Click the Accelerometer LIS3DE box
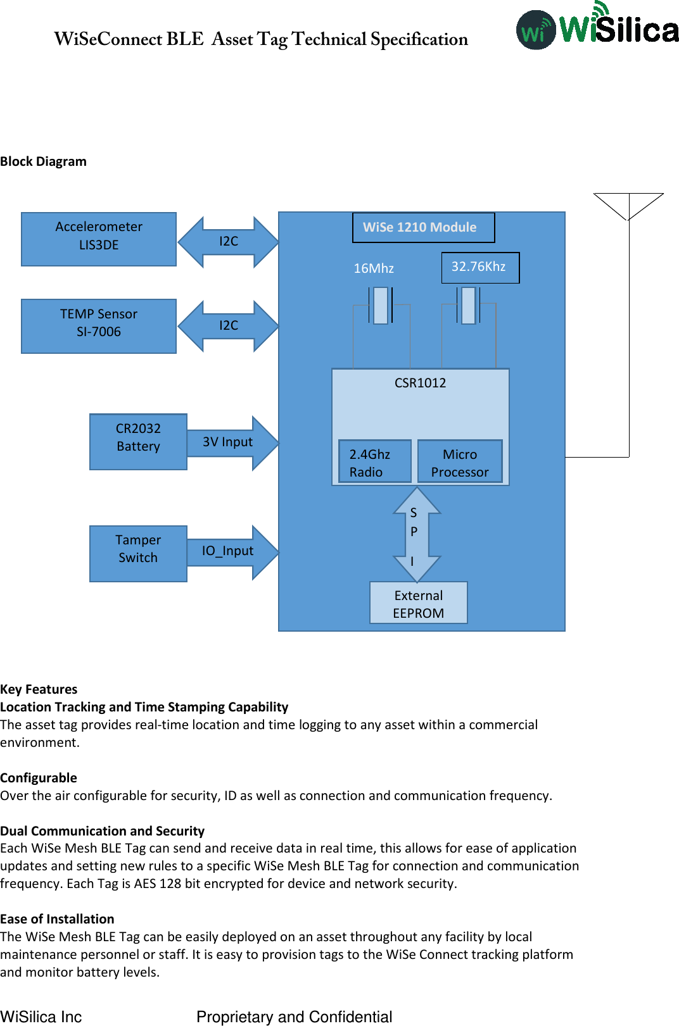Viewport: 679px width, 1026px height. pyautogui.click(x=99, y=239)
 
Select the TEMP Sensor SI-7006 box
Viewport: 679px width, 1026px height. pyautogui.click(x=99, y=326)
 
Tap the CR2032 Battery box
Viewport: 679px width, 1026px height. pyautogui.click(x=138, y=442)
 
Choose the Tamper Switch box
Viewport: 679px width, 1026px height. pyautogui.click(x=138, y=553)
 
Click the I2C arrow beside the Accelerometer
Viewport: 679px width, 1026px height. pyautogui.click(x=228, y=242)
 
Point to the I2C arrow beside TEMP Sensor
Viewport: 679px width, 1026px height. pyautogui.click(x=228, y=326)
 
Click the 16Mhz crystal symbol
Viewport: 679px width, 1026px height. pyautogui.click(x=381, y=306)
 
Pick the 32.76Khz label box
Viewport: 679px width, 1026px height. pyautogui.click(x=480, y=267)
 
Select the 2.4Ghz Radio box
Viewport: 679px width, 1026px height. pyautogui.click(x=374, y=462)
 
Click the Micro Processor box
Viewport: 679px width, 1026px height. pyautogui.click(x=460, y=462)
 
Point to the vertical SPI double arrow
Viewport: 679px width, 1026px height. pyautogui.click(x=416, y=535)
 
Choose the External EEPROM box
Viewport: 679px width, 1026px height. pyautogui.click(x=419, y=603)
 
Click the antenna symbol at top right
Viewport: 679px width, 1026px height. pyautogui.click(x=628, y=207)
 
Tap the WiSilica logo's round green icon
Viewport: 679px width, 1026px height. pyautogui.click(x=536, y=30)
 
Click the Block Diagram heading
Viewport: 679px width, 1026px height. pyautogui.click(x=43, y=161)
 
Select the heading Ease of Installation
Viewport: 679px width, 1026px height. pyautogui.click(x=57, y=919)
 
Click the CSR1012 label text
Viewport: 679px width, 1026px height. pyautogui.click(x=420, y=383)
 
